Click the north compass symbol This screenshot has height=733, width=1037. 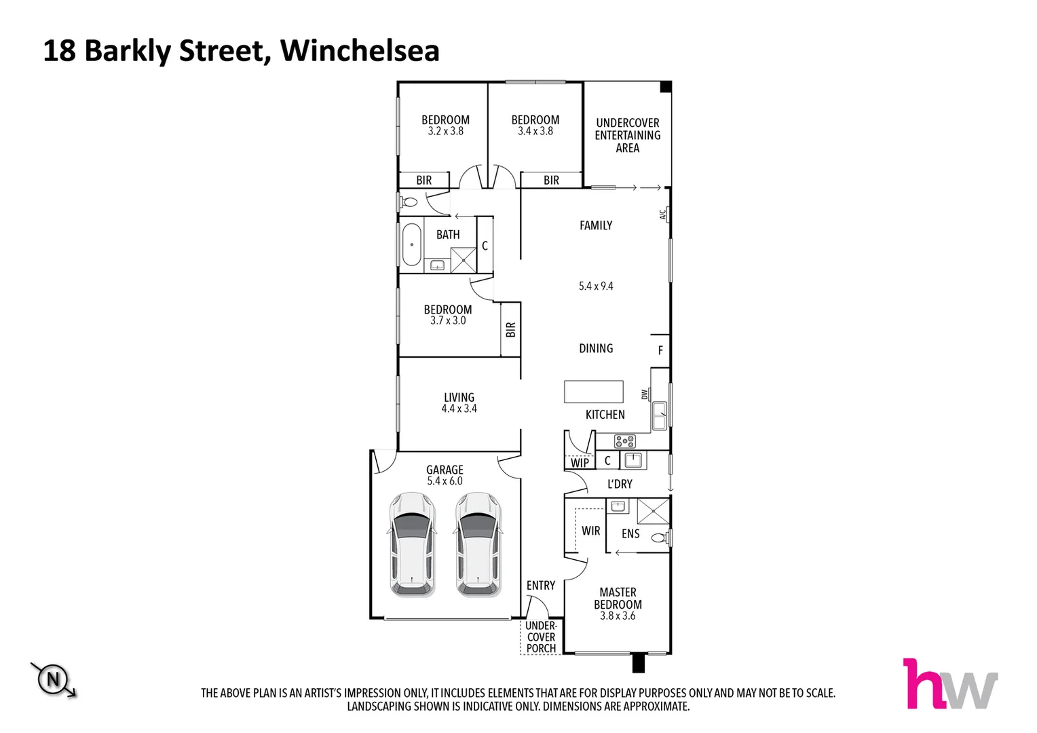point(53,679)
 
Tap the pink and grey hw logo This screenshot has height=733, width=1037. point(949,684)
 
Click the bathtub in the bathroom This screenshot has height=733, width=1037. point(411,244)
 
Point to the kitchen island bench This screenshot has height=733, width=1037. point(594,392)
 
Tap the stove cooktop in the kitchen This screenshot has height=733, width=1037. point(624,442)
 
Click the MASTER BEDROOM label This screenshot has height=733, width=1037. point(618,599)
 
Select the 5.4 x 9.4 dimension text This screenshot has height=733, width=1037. point(596,286)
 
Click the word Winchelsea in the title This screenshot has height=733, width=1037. point(360,51)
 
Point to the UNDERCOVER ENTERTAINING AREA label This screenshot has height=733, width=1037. point(628,135)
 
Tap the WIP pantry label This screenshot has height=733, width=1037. point(580,463)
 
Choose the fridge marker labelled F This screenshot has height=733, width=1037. point(660,351)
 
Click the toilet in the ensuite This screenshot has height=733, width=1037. point(659,538)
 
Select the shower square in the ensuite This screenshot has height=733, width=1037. point(653,511)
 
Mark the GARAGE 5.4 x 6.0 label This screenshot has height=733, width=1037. point(445,475)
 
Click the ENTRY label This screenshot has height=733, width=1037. point(541,586)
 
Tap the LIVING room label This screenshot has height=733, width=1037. point(459,398)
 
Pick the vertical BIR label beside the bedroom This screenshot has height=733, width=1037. point(511,330)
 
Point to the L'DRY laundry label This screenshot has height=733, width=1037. point(620,484)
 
